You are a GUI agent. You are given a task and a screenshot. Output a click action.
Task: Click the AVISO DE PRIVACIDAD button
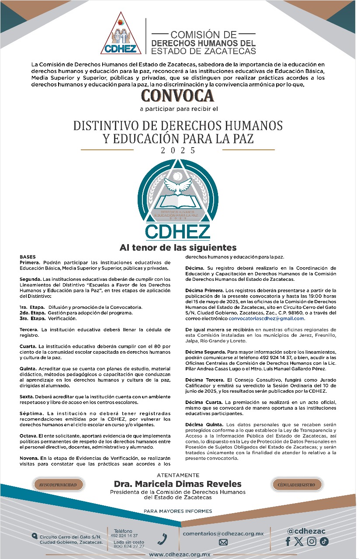tap(58, 485)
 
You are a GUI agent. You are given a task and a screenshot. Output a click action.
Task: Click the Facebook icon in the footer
tap(288, 542)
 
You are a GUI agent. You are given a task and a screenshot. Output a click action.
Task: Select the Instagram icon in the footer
tap(312, 542)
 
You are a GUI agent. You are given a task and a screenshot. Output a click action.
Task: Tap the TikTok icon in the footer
tap(324, 542)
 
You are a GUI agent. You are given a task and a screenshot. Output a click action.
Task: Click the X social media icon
tap(299, 542)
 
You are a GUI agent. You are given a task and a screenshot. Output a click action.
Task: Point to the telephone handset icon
tap(162, 539)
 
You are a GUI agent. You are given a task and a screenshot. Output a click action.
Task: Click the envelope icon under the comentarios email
tap(223, 542)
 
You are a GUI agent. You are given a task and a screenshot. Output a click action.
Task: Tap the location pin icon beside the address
tap(35, 536)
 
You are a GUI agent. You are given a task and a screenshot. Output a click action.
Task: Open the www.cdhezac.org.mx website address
tap(180, 554)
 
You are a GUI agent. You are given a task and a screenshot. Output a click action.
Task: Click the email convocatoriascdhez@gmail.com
tap(267, 318)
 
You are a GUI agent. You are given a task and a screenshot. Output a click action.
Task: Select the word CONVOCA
tap(177, 95)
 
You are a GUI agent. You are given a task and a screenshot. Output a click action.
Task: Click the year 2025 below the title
tap(178, 150)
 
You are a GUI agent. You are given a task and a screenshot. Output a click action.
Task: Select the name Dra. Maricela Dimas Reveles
tap(177, 484)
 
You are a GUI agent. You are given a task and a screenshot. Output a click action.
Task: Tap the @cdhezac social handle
tap(306, 531)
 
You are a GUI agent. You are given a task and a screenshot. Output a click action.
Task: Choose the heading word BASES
tap(28, 257)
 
